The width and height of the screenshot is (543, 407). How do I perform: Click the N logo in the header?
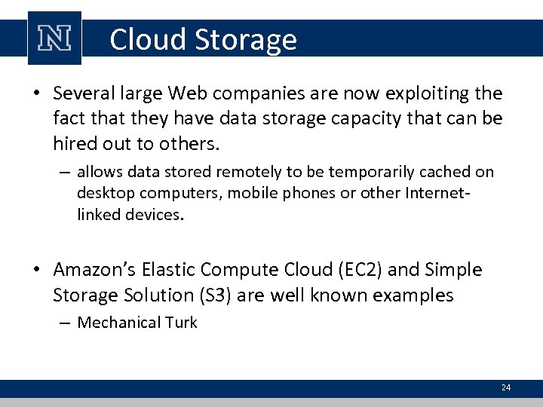(54, 38)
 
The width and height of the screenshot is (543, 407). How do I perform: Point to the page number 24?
(505, 387)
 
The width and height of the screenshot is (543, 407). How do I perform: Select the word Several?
(81, 93)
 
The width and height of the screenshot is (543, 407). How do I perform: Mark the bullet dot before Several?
(36, 94)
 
